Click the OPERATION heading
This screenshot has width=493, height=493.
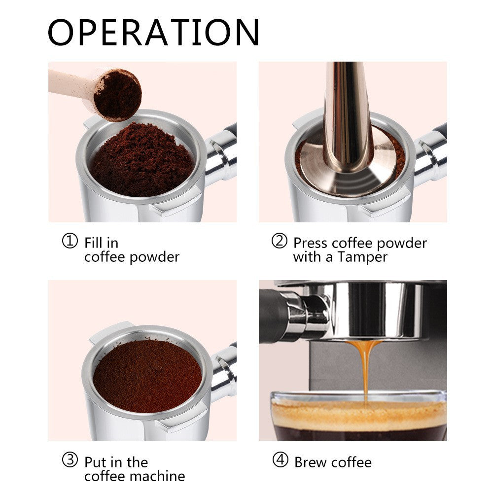[153, 33]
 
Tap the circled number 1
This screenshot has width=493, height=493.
[70, 242]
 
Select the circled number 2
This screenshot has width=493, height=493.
[279, 242]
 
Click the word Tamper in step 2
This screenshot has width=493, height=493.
[362, 257]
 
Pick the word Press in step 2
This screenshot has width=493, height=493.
[311, 243]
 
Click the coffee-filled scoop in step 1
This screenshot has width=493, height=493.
[117, 95]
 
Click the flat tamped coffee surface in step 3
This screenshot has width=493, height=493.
[147, 375]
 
